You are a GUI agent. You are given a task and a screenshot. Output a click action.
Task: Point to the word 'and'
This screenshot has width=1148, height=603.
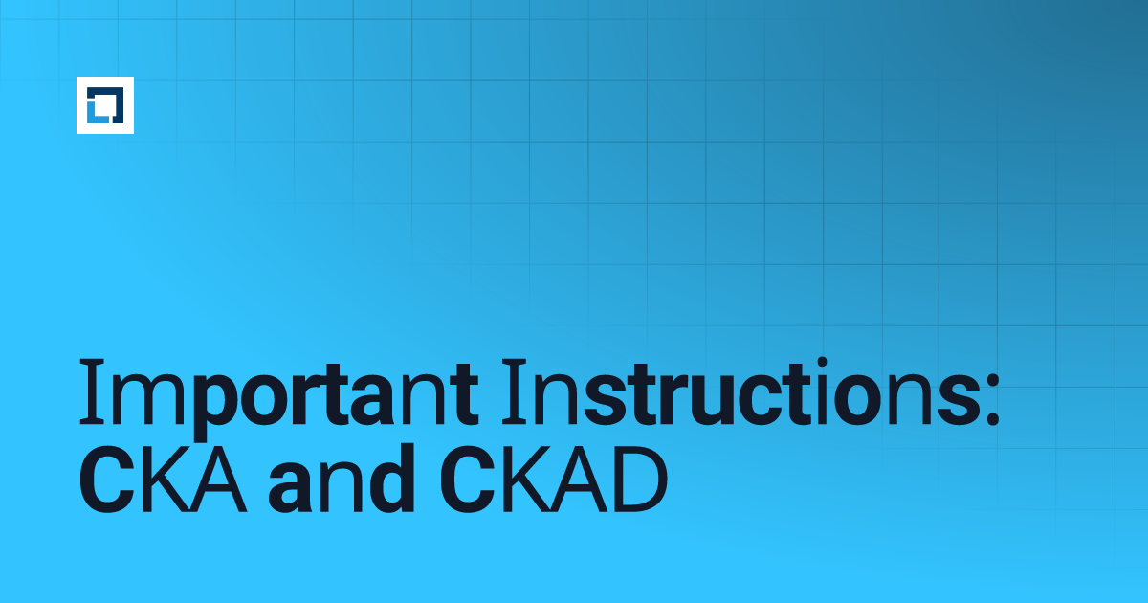[342, 479]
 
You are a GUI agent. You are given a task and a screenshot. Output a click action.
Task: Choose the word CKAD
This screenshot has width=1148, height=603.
[554, 480]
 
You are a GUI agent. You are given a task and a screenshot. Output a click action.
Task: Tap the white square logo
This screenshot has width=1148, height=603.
[105, 105]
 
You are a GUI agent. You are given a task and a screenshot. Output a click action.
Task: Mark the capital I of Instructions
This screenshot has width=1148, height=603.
[514, 392]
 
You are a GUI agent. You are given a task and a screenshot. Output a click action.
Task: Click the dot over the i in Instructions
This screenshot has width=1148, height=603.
[822, 362]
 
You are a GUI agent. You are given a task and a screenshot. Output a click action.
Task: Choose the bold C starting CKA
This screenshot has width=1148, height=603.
[106, 480]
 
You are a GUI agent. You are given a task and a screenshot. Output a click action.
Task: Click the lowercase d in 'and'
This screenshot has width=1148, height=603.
[391, 479]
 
